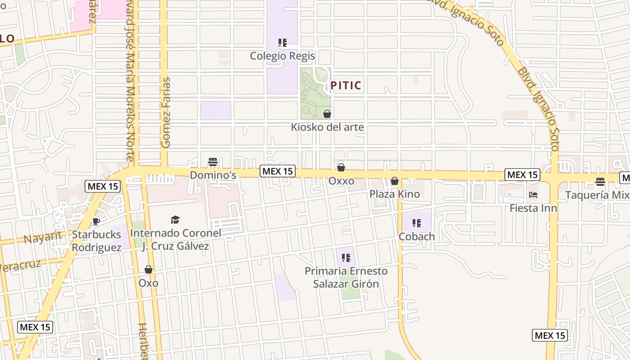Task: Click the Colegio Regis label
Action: pos(282,56)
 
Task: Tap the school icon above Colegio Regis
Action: pos(282,43)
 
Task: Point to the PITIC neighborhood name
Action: pos(346,85)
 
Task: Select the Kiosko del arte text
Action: pos(327,127)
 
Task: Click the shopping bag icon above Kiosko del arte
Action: pos(327,114)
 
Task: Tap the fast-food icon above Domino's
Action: pos(213,162)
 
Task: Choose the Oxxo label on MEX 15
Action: pos(341,181)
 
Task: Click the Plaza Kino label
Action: pos(395,194)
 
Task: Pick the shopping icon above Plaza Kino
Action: pos(395,181)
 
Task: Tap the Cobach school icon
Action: pos(417,223)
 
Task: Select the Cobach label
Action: pos(417,236)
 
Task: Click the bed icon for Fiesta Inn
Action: pos(533,195)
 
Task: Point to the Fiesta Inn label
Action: pos(533,208)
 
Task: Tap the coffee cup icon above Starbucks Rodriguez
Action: pos(96,221)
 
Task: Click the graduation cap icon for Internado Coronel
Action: pos(175,220)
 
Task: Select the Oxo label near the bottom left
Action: pos(148,283)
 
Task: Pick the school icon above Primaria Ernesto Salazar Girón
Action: pos(346,258)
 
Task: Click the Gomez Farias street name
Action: pos(166,112)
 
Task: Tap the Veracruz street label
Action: pos(20,265)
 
